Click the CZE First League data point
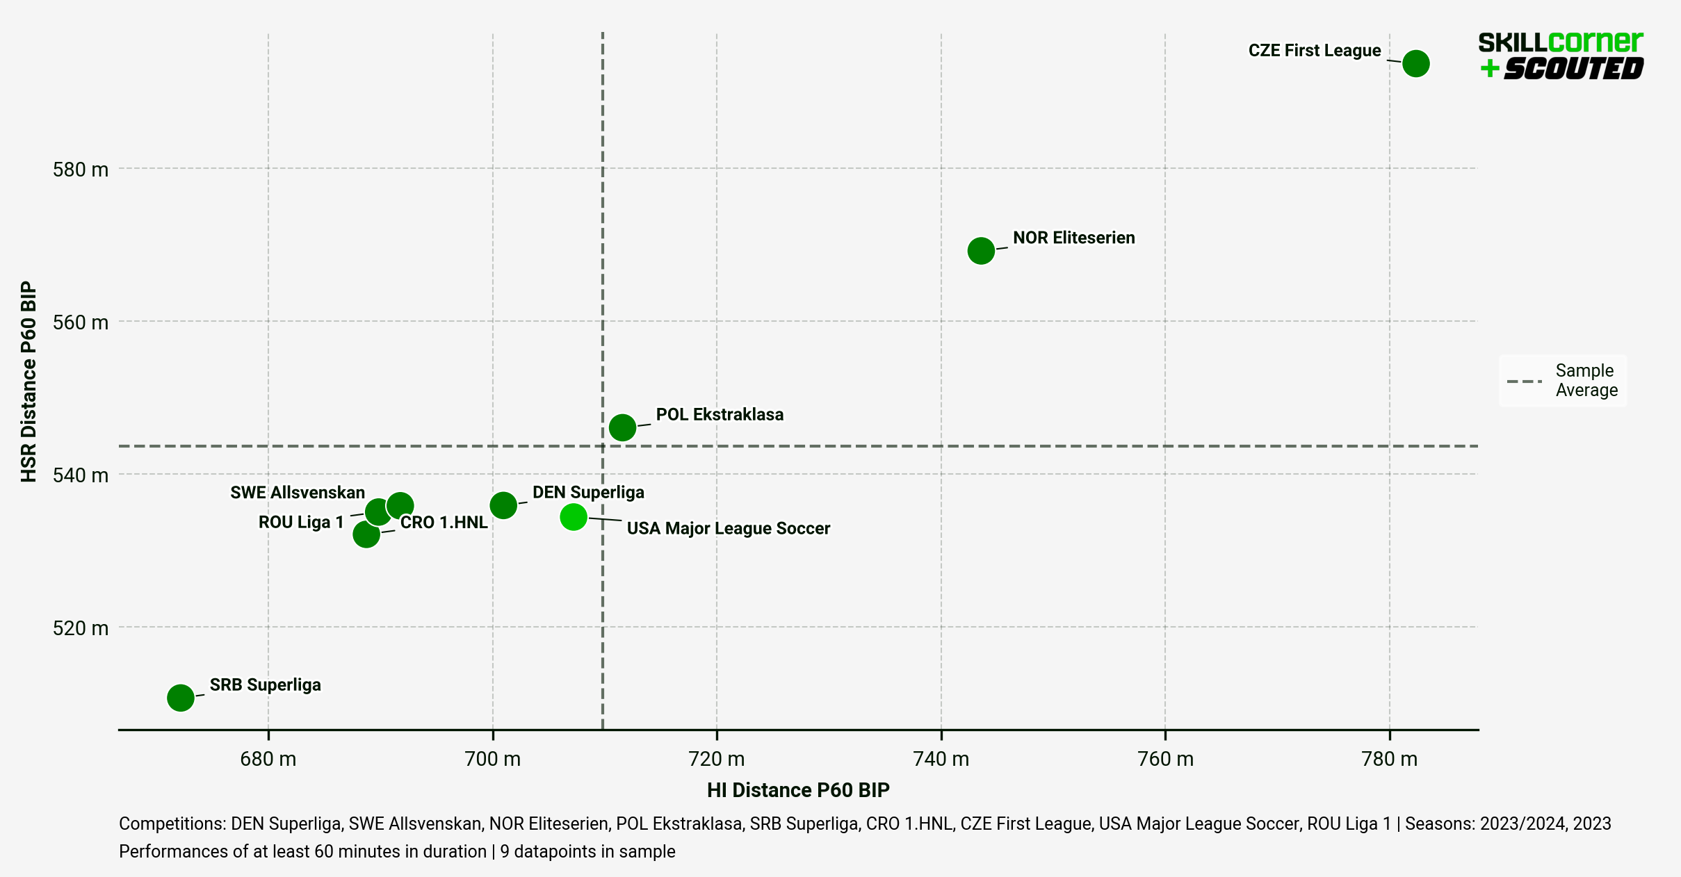click(1415, 63)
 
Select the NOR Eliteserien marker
click(980, 250)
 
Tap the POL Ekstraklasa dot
click(622, 427)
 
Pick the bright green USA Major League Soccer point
click(573, 516)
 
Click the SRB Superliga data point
click(180, 697)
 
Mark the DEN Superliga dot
click(503, 505)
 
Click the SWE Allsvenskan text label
click(298, 493)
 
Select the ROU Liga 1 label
click(301, 522)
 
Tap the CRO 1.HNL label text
click(444, 522)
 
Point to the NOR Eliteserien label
click(1073, 238)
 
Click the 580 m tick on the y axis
click(81, 170)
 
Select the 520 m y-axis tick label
click(81, 628)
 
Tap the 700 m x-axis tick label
click(492, 759)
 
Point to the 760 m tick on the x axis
click(1165, 759)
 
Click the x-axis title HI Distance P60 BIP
click(798, 790)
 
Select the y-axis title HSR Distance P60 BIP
click(29, 381)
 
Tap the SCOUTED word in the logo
click(1573, 69)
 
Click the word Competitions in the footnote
click(172, 823)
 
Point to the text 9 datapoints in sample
click(587, 851)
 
